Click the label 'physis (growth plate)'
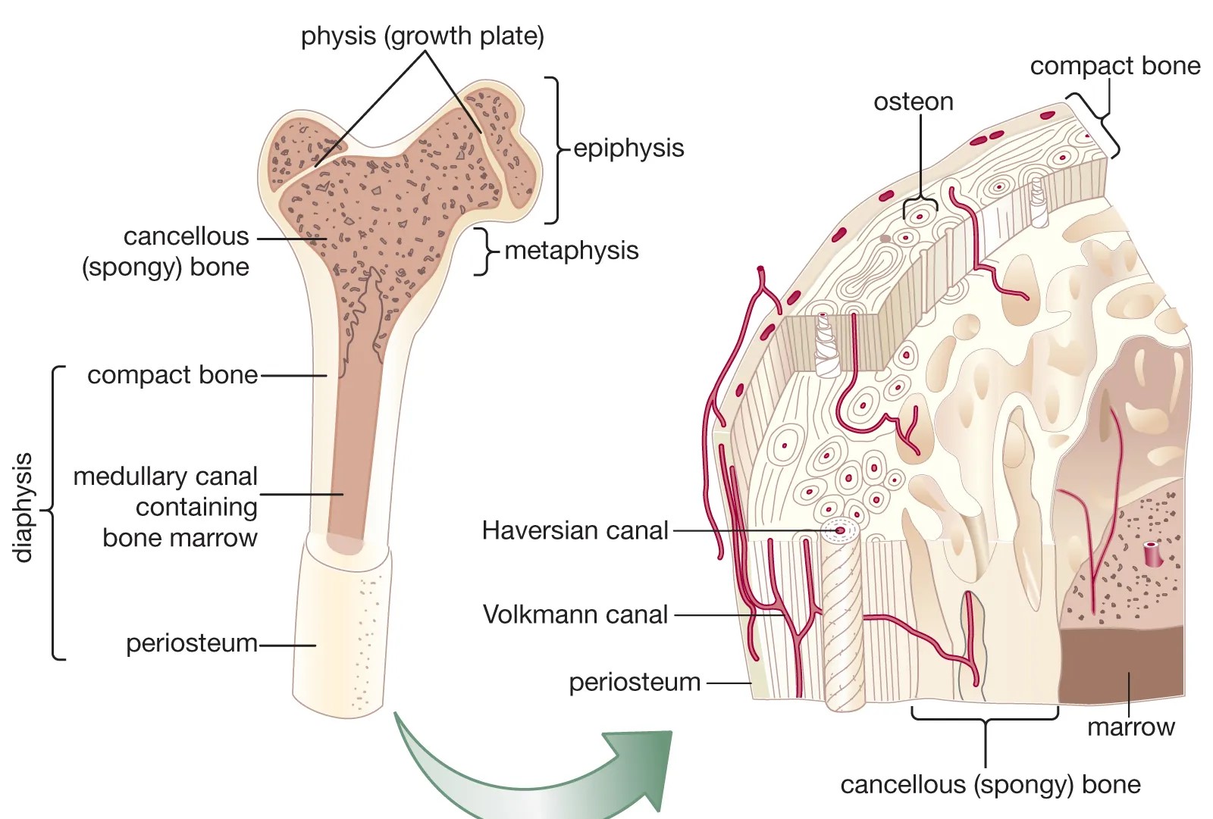coord(422,36)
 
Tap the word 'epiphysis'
coord(628,148)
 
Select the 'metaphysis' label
coord(572,250)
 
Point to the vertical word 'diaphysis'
coord(24,508)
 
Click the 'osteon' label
coord(913,102)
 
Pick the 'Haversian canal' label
coord(575,530)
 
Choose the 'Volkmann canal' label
coord(575,614)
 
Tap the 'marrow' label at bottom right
coord(1130,727)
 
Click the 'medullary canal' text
coord(165,477)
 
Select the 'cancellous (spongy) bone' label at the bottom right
coord(990,784)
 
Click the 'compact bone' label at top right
coord(1114,66)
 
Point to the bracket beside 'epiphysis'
coord(557,149)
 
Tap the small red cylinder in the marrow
coord(1152,554)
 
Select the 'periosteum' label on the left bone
coord(191,643)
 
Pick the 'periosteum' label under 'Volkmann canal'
coord(635,683)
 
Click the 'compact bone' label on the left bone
coord(172,375)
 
